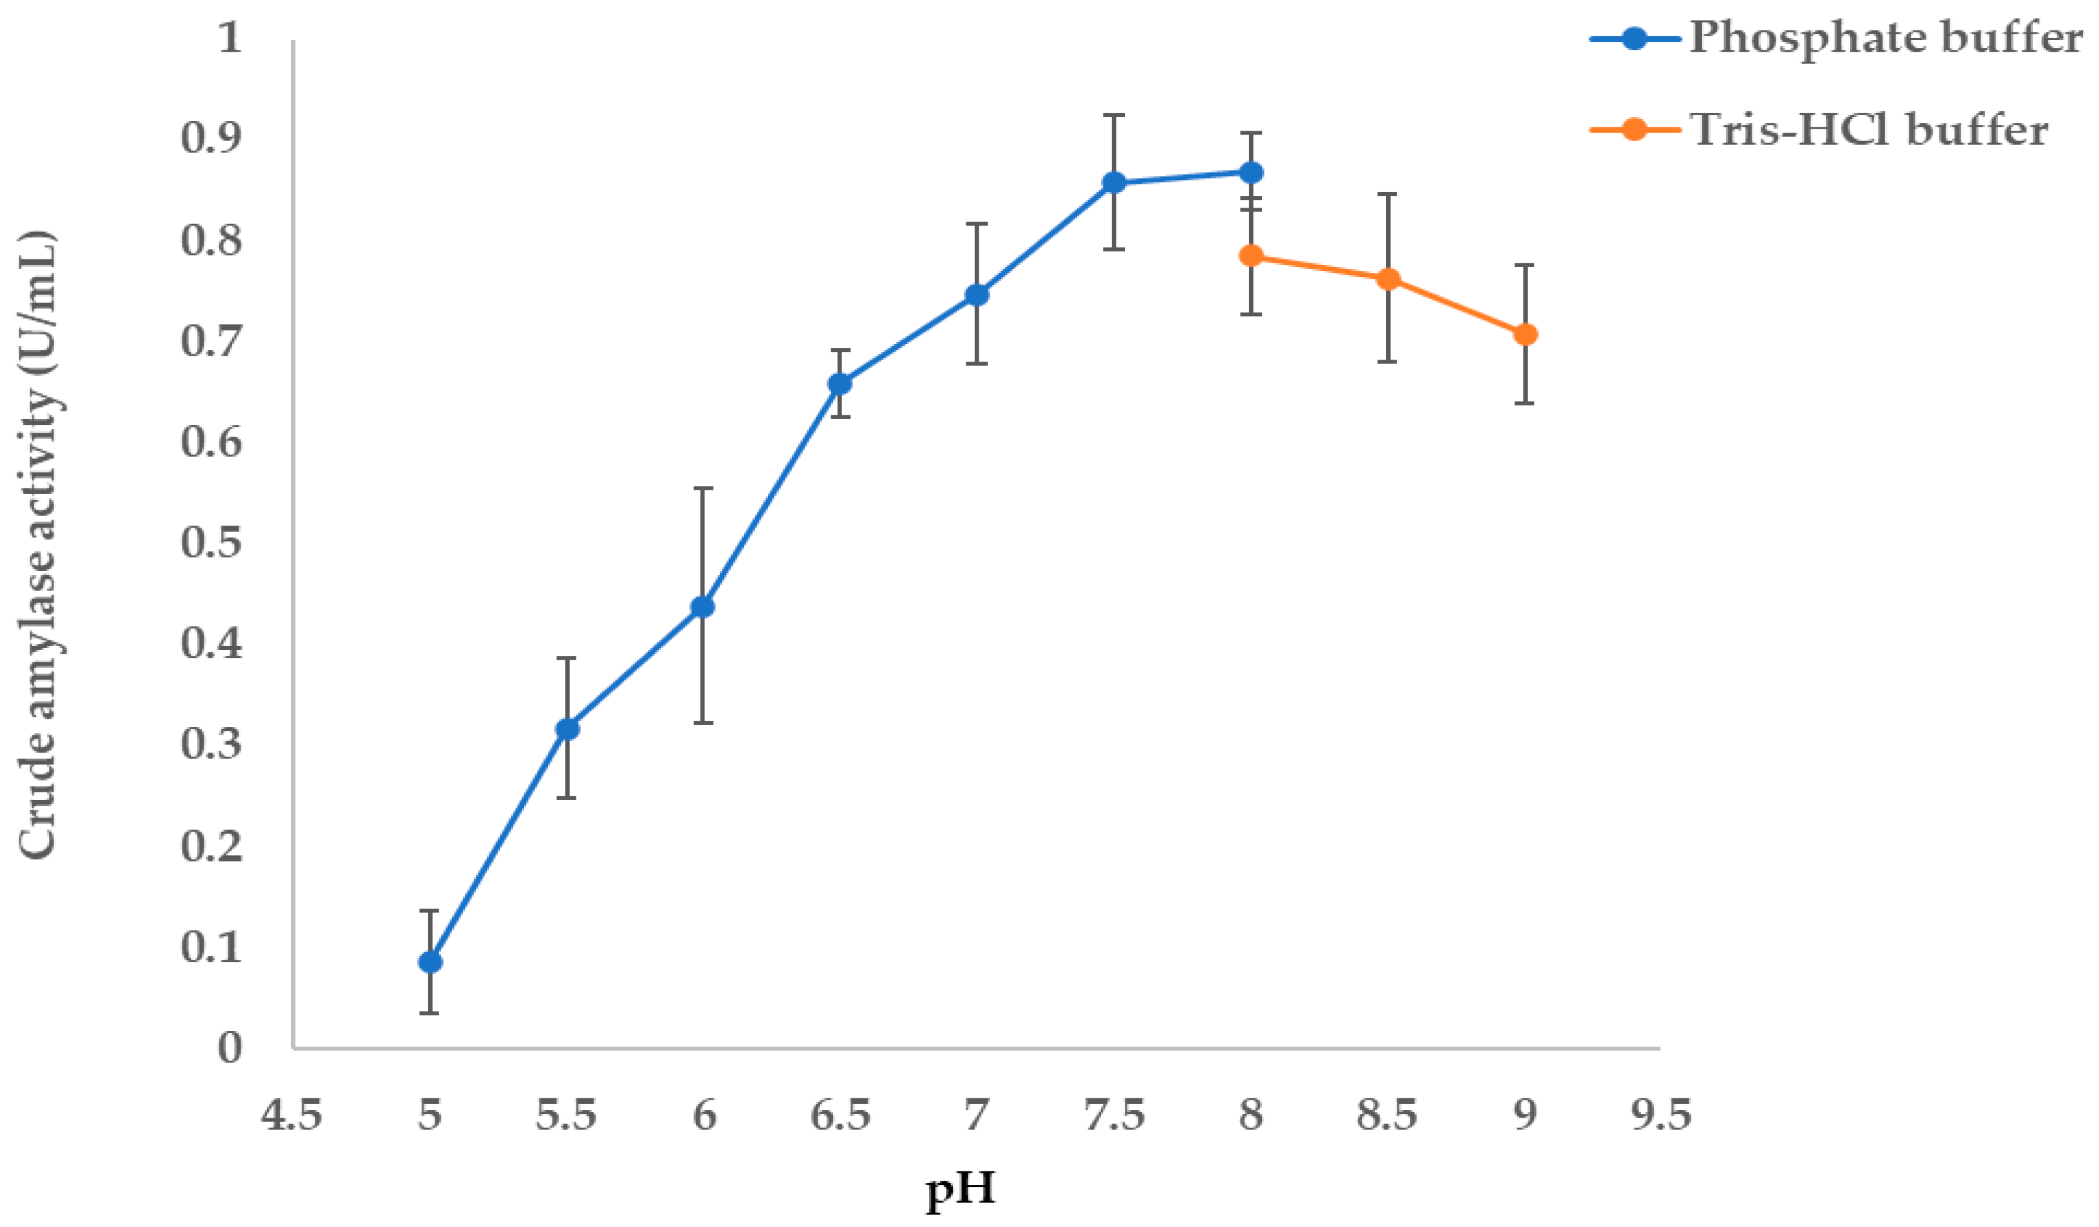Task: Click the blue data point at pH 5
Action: coord(430,962)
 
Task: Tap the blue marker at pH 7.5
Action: coord(1114,182)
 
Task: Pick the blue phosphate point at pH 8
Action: coord(1251,173)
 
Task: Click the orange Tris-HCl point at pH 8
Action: coord(1251,255)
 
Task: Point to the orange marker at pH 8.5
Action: coord(1387,279)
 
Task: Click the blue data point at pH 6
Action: coord(703,607)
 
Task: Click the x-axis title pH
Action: coord(961,1189)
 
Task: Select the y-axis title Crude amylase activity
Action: coord(38,546)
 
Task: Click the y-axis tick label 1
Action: coord(230,38)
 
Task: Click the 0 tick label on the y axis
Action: coord(230,1048)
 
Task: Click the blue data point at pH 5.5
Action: coord(567,729)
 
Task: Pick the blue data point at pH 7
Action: coord(976,295)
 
